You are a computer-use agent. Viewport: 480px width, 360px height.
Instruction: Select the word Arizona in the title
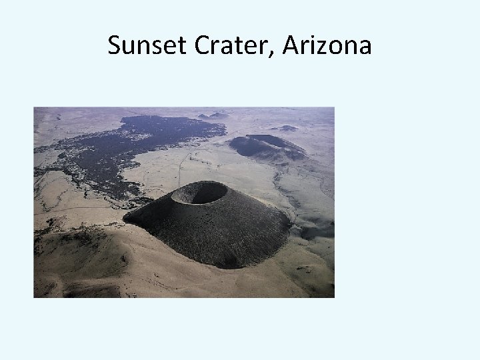coord(327,46)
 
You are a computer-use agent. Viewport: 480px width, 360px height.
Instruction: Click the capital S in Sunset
coord(114,46)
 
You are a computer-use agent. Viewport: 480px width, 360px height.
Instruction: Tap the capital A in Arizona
coord(292,46)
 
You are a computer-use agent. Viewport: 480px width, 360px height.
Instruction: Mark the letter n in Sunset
coord(142,48)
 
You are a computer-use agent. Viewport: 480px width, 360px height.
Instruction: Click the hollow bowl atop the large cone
coord(199,193)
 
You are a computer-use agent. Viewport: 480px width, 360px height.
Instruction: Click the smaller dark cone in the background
coord(263,145)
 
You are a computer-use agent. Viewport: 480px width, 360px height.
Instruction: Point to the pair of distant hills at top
coord(213,115)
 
